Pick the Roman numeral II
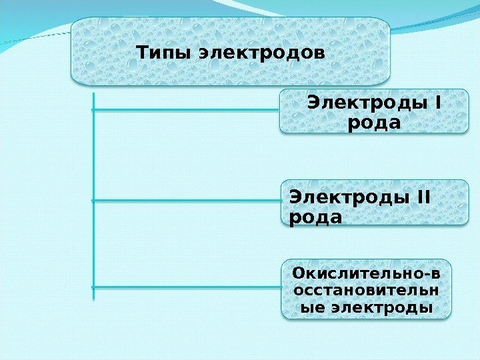click(420, 198)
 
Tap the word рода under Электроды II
click(316, 217)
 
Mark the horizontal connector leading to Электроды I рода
click(187, 110)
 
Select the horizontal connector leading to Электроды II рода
click(187, 199)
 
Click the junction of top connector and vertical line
click(93, 110)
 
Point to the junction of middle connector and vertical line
click(93, 199)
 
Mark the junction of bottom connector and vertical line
click(93, 287)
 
